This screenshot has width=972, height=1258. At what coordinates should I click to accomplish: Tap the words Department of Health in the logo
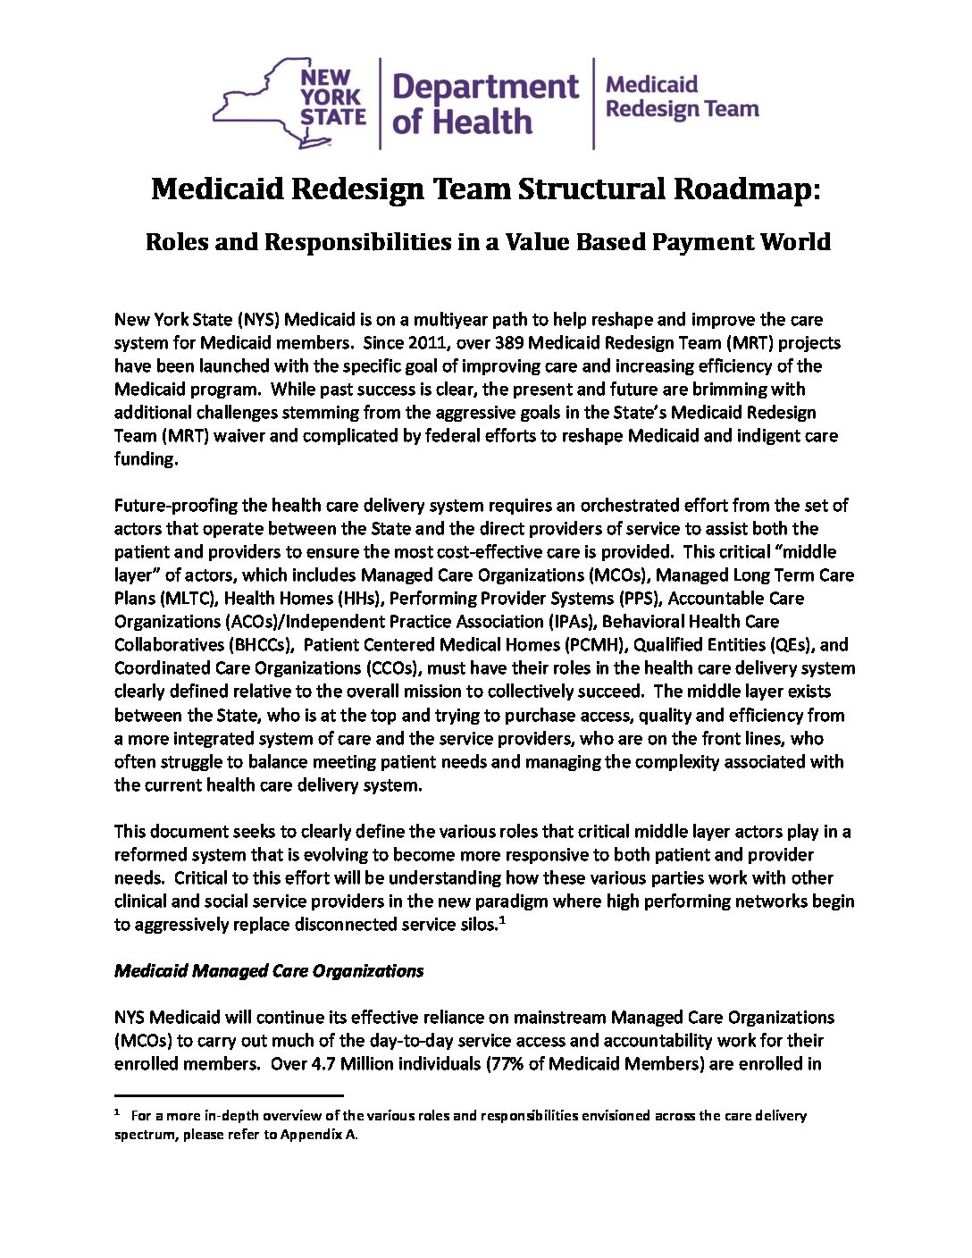point(485,104)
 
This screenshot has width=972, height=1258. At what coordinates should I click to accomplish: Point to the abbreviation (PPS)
point(636,599)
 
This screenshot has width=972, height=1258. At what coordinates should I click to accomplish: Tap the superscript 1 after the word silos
point(503,920)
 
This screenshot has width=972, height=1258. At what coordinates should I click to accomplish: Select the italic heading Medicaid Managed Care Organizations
point(269,971)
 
